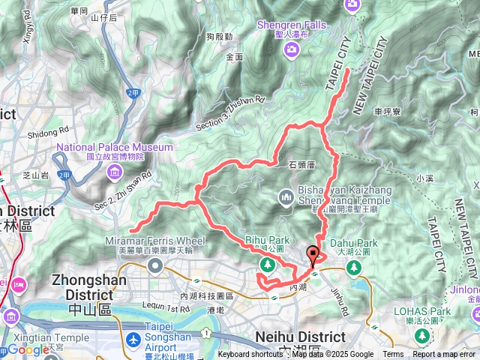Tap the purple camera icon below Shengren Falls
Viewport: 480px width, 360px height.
291,49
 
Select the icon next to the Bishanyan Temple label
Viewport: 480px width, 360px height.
285,197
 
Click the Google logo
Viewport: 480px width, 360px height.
28,350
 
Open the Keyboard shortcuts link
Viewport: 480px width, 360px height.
250,355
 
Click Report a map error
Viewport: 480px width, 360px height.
445,355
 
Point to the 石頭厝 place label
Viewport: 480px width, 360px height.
293,163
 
